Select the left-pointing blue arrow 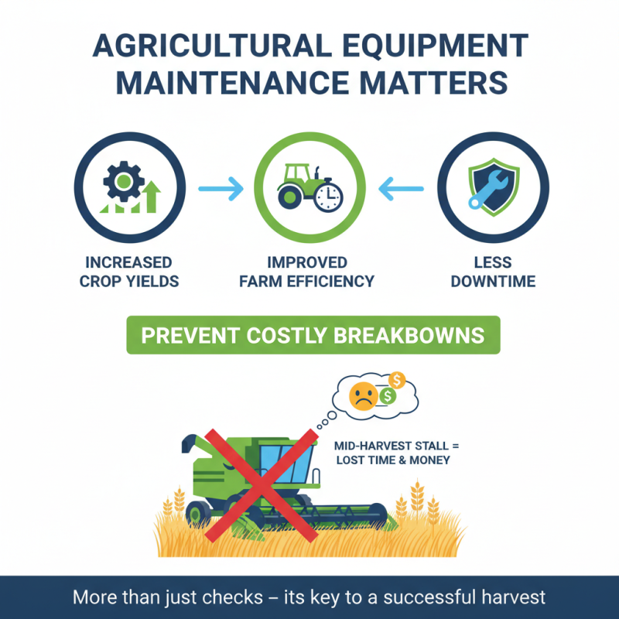(x=402, y=187)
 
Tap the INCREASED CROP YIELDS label (x=129, y=271)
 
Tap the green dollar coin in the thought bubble (x=387, y=397)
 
